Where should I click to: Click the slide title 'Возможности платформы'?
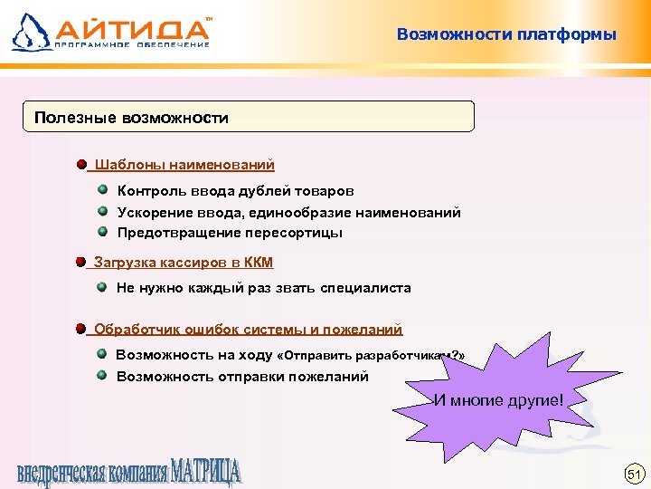coord(506,35)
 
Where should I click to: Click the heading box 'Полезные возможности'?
coord(248,118)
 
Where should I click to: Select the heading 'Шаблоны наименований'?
coord(184,165)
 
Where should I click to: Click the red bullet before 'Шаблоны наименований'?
coord(82,165)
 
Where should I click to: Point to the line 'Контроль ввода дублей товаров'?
coord(235,191)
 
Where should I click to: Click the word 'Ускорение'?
coord(150,212)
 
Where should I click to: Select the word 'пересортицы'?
coord(301,233)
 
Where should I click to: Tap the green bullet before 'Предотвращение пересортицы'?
coord(104,232)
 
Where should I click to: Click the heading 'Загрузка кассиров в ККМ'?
coord(183,263)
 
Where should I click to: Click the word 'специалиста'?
coord(363,288)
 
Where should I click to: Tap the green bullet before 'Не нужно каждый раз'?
coord(104,287)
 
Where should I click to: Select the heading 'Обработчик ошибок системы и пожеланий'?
coord(248,330)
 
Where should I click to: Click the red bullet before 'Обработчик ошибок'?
coord(82,329)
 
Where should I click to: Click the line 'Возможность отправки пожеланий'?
coord(242,377)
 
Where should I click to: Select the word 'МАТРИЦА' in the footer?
coord(206,473)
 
